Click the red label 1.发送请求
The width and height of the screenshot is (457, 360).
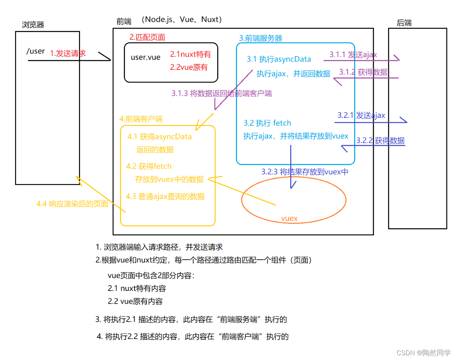67,53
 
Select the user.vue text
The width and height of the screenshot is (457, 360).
145,57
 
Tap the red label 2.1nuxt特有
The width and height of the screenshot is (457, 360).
190,54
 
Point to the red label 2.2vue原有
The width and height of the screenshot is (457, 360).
189,67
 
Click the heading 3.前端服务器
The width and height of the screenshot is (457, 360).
260,38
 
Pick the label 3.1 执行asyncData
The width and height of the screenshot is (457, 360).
279,59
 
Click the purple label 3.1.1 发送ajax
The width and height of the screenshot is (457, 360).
353,55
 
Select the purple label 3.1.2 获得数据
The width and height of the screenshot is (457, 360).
363,72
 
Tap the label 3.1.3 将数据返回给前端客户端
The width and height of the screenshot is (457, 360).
222,94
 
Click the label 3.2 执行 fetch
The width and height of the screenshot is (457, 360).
267,123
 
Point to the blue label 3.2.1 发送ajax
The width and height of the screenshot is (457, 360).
361,116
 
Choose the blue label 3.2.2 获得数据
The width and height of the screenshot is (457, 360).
380,141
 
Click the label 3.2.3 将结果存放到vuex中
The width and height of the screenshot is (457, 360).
305,172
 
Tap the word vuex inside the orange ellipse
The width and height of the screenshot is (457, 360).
289,218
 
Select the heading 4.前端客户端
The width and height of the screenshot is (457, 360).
141,119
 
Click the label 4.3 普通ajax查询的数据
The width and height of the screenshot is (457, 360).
165,196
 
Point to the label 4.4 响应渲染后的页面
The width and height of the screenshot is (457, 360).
72,204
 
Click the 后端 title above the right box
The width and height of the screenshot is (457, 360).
404,23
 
